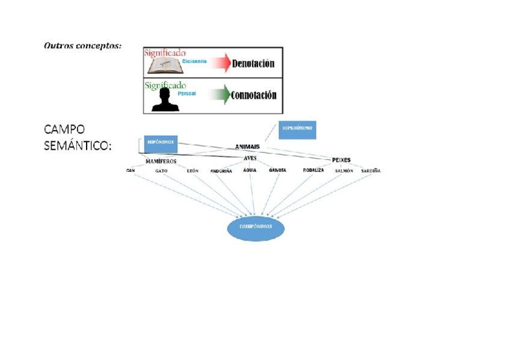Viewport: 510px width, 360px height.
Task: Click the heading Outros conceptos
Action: [x=82, y=46]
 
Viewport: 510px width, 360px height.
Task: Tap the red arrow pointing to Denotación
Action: [x=220, y=63]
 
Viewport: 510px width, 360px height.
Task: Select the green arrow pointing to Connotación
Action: [x=220, y=95]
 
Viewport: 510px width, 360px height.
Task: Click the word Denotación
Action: [x=253, y=64]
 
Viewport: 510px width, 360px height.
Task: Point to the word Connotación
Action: [x=254, y=95]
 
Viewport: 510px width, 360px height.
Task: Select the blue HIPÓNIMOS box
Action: [x=161, y=142]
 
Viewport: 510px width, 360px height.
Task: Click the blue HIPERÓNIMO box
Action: [x=297, y=129]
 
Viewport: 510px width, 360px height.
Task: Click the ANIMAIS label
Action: [x=247, y=146]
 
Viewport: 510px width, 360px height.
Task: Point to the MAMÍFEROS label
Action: [x=161, y=161]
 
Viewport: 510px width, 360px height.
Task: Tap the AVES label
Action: [x=250, y=158]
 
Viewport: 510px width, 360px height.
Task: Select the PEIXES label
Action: [x=341, y=160]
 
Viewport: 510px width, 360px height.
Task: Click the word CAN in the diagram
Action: [x=131, y=171]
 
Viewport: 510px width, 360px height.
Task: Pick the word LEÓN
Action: [x=192, y=171]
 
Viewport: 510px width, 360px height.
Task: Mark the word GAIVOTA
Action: [x=278, y=171]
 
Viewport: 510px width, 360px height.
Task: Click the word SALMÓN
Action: [x=344, y=171]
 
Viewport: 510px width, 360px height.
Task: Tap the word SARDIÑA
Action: [x=370, y=171]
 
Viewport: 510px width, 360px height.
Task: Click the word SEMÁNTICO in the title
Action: [x=78, y=146]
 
